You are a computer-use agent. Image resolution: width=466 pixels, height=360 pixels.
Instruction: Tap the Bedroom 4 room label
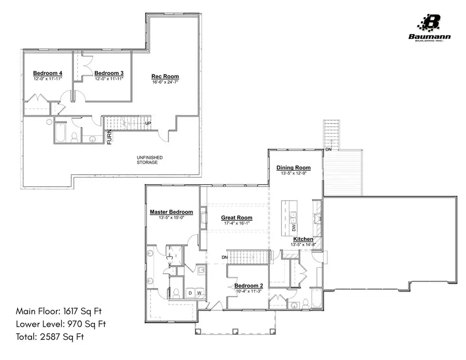tap(48, 73)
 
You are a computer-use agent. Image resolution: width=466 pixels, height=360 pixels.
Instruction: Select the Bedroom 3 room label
tap(109, 73)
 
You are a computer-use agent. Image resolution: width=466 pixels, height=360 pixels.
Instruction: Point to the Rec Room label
tap(165, 77)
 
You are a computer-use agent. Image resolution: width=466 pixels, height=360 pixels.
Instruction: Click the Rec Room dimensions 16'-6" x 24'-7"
tap(165, 82)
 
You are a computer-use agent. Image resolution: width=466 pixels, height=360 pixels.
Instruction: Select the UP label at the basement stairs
tap(148, 124)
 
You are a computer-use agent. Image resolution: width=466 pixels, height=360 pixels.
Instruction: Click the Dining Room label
tap(293, 168)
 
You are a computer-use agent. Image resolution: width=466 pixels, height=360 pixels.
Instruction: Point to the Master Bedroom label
tap(171, 212)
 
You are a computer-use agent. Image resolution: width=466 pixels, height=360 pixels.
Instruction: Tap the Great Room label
tap(237, 218)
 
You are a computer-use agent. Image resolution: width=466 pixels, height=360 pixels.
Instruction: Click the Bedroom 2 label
tap(249, 286)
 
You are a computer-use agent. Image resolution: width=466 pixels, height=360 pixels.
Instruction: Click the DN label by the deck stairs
tap(328, 151)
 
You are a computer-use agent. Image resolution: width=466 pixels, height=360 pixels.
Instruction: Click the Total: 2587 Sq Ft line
tap(50, 337)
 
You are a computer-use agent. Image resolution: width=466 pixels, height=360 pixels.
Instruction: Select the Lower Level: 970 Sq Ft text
tap(61, 324)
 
